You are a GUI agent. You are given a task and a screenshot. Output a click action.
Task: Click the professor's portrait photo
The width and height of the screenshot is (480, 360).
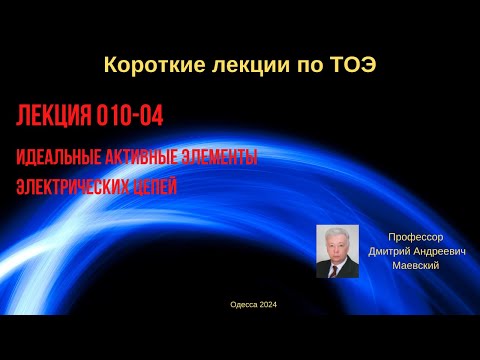click(337, 251)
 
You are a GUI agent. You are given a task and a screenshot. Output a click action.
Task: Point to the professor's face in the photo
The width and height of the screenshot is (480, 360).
click(336, 241)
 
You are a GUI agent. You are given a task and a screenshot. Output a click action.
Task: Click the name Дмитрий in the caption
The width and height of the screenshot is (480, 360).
click(390, 252)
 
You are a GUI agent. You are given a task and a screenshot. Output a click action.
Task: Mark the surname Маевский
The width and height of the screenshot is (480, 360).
click(410, 266)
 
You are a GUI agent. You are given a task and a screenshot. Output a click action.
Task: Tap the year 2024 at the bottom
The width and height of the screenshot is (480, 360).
click(267, 305)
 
